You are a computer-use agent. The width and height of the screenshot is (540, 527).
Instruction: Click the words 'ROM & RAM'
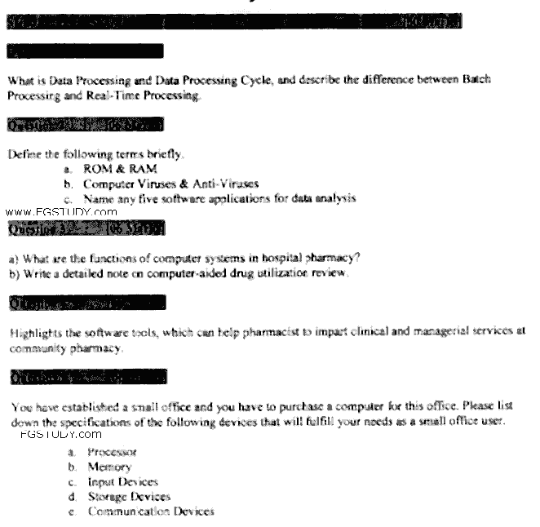coord(113,169)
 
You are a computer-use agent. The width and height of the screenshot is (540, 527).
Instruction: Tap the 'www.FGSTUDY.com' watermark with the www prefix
coord(60,211)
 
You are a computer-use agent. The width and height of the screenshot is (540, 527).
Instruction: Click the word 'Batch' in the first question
coord(477,82)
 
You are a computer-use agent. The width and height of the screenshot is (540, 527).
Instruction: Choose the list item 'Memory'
coord(109,467)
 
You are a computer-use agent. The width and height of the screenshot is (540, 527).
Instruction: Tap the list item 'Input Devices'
coord(122,481)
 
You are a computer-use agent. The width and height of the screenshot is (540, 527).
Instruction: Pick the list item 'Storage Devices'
coord(129,496)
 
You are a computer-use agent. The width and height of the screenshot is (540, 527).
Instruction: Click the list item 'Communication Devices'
coord(151,511)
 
